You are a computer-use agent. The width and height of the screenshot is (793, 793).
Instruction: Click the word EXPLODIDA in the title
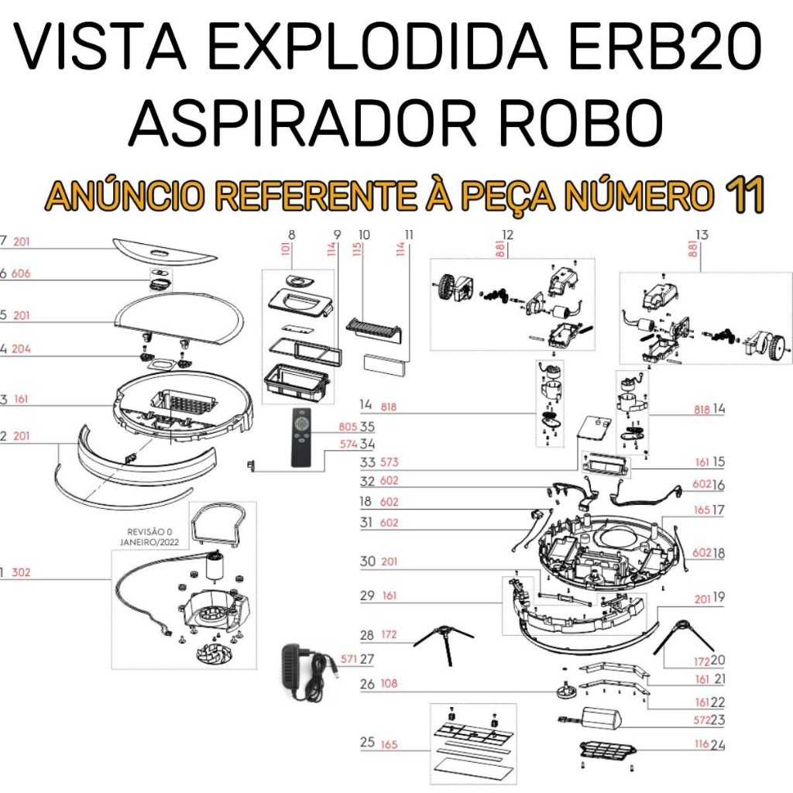(378, 47)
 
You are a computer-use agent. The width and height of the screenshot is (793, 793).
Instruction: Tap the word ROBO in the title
(581, 123)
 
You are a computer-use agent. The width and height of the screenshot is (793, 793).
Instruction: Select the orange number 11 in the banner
(744, 196)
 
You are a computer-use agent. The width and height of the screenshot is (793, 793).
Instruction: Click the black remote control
(301, 437)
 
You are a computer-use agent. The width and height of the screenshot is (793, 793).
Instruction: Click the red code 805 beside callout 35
(348, 427)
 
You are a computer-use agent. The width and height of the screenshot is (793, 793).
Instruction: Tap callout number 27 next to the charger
(367, 659)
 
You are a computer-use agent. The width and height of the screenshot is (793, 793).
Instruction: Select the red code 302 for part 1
(21, 572)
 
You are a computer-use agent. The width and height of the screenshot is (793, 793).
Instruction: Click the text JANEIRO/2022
(149, 542)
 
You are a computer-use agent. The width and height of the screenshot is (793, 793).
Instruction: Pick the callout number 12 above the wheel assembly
(507, 235)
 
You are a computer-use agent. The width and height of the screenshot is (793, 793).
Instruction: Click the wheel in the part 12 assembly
(446, 287)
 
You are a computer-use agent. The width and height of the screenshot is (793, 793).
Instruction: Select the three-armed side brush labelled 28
(444, 640)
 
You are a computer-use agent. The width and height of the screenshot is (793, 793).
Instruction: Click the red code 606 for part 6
(21, 273)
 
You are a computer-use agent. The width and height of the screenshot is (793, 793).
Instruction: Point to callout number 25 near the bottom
(367, 742)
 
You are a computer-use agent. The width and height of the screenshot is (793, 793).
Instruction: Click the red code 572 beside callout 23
(702, 719)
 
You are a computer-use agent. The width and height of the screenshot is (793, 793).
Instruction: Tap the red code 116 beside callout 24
(702, 743)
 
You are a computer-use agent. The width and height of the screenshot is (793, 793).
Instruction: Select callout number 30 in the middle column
(368, 561)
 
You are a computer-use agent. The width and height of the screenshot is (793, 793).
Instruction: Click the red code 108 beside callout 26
(389, 683)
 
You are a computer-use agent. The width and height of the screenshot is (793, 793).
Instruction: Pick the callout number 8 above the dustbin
(292, 235)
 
